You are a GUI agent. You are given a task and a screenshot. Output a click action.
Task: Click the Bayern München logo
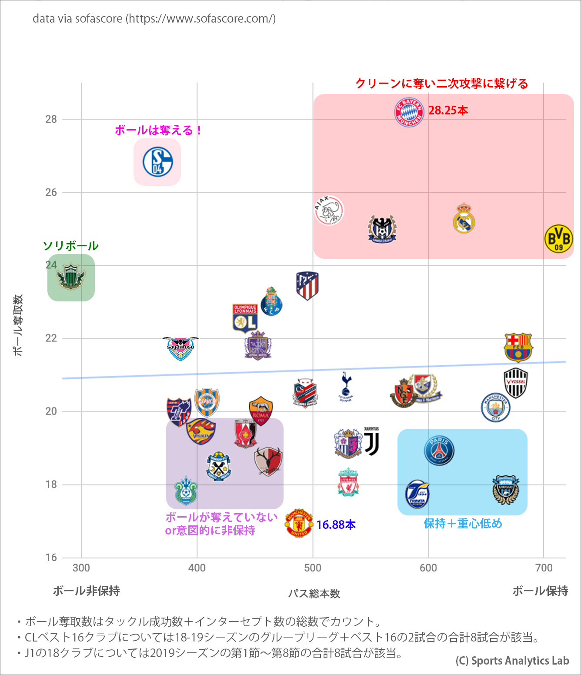409,112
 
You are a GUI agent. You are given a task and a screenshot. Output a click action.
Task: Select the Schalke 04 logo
157,162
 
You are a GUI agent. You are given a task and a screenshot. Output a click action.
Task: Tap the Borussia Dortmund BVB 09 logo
558,239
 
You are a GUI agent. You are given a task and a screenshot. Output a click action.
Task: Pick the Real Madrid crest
464,218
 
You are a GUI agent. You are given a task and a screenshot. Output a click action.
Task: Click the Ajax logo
329,211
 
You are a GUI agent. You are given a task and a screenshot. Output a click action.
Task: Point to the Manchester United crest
299,523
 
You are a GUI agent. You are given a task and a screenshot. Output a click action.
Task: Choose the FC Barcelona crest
518,348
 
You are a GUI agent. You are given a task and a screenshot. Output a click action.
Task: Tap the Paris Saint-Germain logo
439,451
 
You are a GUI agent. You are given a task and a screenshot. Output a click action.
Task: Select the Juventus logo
371,442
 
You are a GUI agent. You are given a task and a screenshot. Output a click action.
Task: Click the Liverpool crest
348,482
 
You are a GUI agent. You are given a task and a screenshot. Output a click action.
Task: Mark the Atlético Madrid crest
307,286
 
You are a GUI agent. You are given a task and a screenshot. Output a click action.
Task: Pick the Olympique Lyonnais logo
245,318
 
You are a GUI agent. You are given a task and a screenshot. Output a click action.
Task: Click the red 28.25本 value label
448,110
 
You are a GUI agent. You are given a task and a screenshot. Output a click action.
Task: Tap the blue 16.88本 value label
336,525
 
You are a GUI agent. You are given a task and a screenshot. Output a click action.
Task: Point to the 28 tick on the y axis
51,119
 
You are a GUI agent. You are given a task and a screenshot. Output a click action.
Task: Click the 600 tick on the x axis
428,568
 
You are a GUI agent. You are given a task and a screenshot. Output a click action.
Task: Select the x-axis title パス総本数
314,594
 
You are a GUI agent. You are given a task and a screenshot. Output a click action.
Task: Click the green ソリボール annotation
71,246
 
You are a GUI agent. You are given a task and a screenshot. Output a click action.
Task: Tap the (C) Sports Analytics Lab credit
512,661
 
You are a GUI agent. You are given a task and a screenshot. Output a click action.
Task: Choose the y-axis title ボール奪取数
18,325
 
